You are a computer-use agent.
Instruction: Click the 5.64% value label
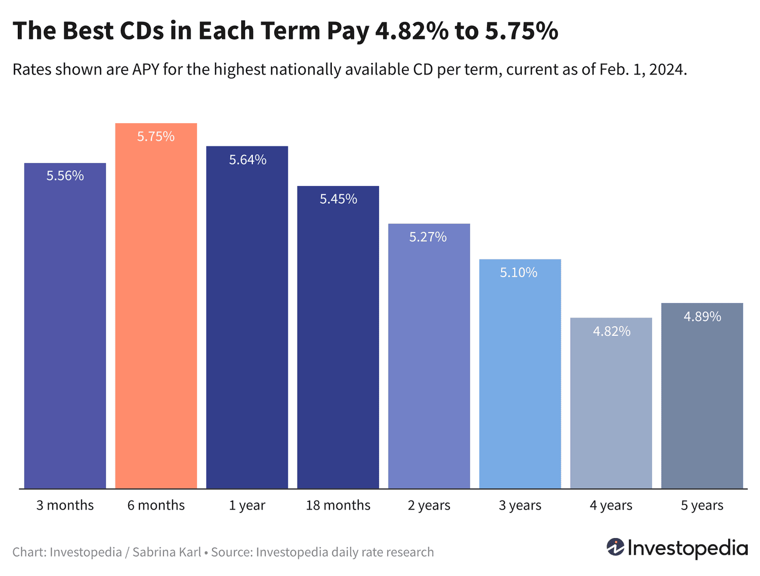pos(248,160)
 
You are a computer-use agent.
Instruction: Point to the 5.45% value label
pos(338,199)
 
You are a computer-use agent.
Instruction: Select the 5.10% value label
pos(518,273)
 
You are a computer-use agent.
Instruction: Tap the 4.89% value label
pos(702,317)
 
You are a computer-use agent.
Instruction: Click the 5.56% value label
pos(65,176)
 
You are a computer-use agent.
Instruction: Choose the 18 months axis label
pos(338,505)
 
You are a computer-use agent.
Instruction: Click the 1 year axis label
pos(247,505)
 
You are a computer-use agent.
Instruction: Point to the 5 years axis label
pos(702,505)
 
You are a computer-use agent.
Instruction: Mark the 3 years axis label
pos(520,505)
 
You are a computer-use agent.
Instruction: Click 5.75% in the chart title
pos(521,31)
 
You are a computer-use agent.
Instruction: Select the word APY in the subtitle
pos(146,69)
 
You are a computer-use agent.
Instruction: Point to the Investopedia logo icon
pos(616,547)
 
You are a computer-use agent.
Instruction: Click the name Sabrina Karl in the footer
pos(167,552)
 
